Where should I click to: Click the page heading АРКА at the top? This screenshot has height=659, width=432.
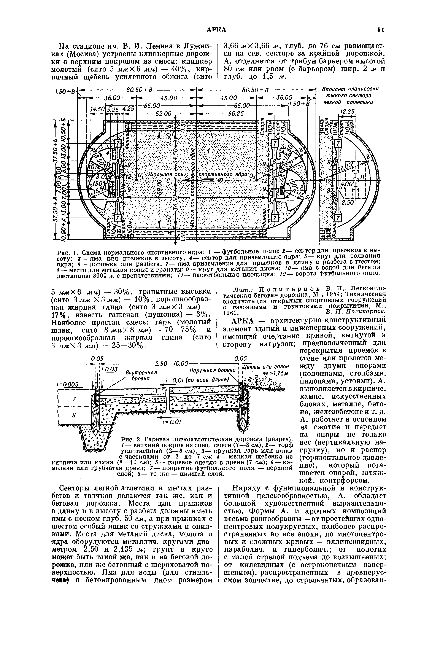[217, 30]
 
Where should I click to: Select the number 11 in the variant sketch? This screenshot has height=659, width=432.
[360, 177]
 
